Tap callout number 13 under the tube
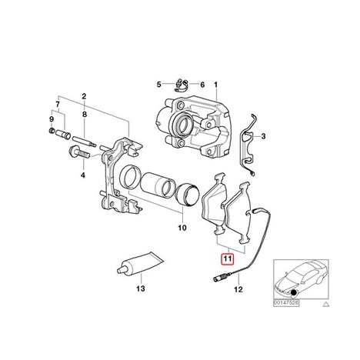click(x=141, y=288)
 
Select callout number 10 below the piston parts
click(x=182, y=228)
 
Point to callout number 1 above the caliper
click(x=216, y=85)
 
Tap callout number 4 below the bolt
click(x=83, y=175)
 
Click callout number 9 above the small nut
click(x=52, y=119)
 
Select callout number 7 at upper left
click(x=58, y=105)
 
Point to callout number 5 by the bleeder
click(x=159, y=85)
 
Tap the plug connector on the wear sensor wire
click(x=220, y=278)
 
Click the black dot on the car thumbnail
click(x=294, y=292)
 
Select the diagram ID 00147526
click(x=286, y=303)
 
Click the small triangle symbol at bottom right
click(x=326, y=304)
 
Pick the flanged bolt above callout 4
click(x=79, y=152)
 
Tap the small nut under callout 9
click(x=51, y=131)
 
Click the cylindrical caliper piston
click(x=159, y=184)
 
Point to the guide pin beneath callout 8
click(x=85, y=142)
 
